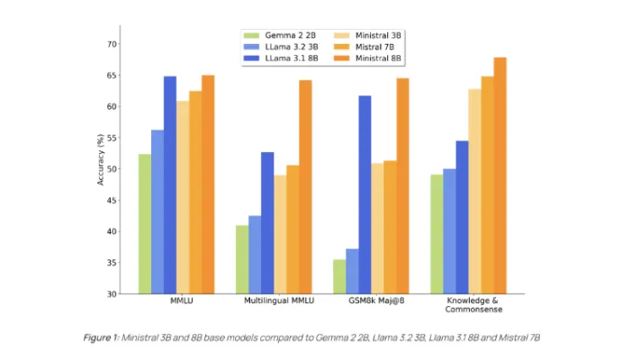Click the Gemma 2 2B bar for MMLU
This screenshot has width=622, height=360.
coord(144,224)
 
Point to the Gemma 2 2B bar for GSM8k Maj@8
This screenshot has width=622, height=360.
coord(339,276)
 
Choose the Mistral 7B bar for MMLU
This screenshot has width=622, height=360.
coord(195,193)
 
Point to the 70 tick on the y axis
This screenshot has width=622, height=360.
coord(113,43)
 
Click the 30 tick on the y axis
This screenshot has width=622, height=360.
coord(113,294)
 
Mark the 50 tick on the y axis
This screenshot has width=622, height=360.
coord(113,169)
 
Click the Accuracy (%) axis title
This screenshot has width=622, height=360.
coord(101,163)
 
